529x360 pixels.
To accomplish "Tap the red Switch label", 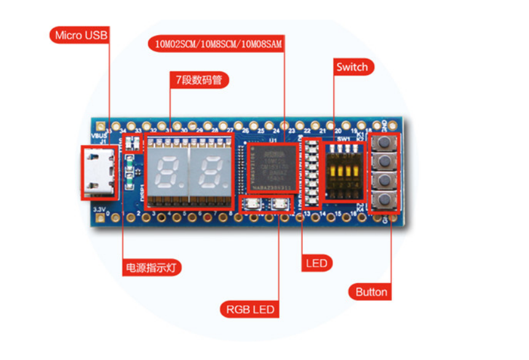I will tap(352, 67).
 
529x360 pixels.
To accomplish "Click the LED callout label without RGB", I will tap(318, 263).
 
